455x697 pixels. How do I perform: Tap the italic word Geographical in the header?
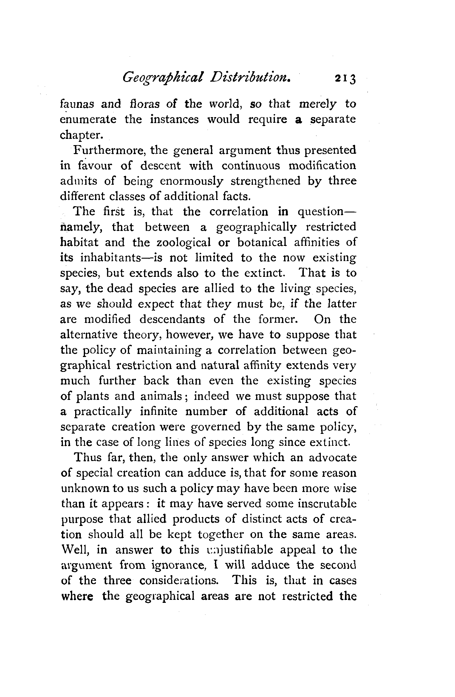coord(163,78)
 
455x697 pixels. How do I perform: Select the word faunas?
coord(77,104)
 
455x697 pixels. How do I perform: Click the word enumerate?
coord(88,119)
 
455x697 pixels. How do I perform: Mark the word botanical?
coord(262,242)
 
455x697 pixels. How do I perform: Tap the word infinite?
coord(159,412)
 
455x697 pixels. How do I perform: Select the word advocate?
coord(333,458)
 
